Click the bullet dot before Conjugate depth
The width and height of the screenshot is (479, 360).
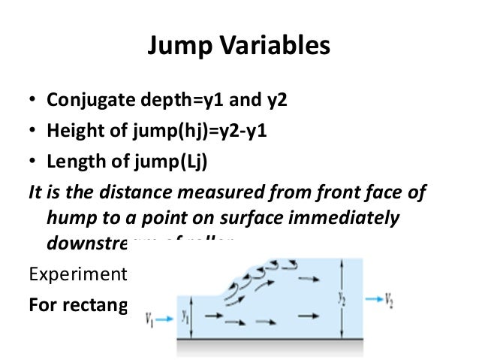(33, 101)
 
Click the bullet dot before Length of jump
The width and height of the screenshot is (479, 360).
(33, 162)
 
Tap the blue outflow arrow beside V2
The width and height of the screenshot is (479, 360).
(373, 300)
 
